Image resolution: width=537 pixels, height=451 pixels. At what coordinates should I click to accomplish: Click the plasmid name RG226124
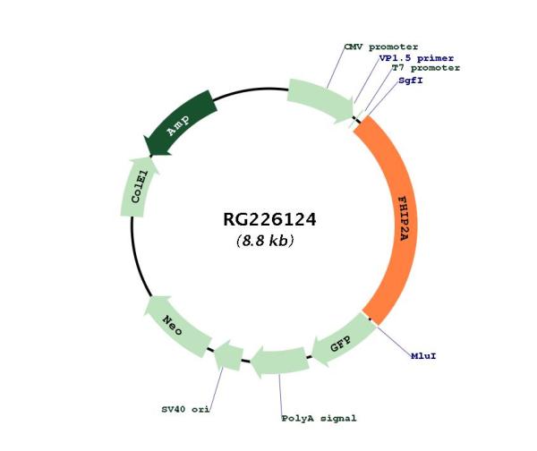click(269, 219)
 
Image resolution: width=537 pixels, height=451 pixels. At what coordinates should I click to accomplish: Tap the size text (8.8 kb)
click(266, 241)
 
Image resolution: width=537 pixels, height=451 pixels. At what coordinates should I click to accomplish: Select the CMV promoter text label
click(380, 47)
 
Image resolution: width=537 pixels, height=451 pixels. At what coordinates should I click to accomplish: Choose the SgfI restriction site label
click(411, 80)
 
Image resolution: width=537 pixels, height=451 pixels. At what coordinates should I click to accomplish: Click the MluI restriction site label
click(423, 356)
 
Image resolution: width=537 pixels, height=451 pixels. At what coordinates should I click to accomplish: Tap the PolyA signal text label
click(319, 418)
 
